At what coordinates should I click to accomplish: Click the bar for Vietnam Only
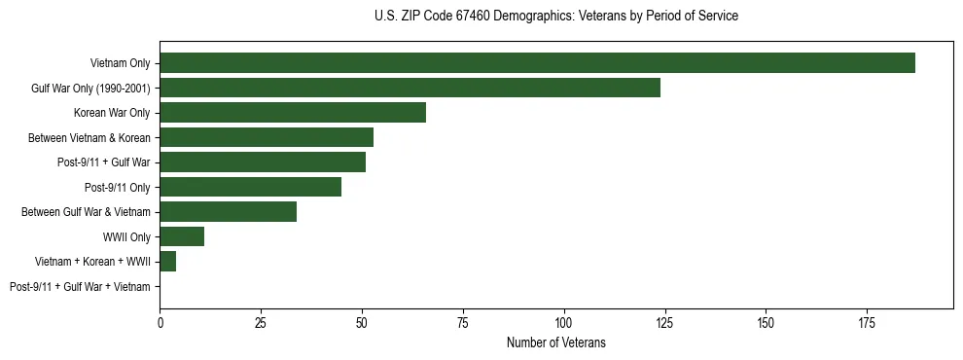(x=537, y=63)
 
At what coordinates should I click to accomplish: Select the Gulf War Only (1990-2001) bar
(x=410, y=88)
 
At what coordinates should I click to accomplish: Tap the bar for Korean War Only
(x=293, y=113)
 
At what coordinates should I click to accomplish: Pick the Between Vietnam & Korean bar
(x=267, y=137)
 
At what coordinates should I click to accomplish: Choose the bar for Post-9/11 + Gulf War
(x=263, y=162)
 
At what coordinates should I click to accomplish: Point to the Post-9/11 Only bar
(x=250, y=187)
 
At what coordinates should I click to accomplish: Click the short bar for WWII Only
(x=182, y=236)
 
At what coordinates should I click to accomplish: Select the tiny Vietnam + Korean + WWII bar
(x=167, y=262)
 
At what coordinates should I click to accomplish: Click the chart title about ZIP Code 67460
(x=555, y=17)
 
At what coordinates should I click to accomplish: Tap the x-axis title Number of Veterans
(x=555, y=342)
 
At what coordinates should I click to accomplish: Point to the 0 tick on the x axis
(x=160, y=321)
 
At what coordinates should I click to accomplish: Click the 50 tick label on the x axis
(x=361, y=321)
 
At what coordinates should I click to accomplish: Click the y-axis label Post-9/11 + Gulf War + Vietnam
(x=80, y=287)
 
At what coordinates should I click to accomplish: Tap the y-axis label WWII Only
(x=126, y=236)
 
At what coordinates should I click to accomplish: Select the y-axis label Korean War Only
(x=112, y=113)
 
